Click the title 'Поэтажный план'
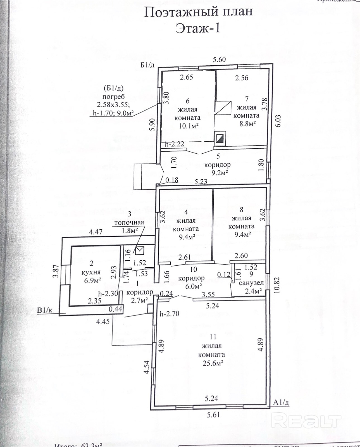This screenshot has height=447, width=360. coord(198,12)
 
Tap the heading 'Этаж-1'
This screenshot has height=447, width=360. coord(198,28)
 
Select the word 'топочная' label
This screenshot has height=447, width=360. coord(129,222)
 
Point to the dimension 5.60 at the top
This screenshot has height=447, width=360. coord(219,59)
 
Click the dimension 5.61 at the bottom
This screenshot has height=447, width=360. coord(213,414)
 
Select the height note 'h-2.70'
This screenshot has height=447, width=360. coord(170,313)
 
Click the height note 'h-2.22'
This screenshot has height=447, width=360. coord(175,144)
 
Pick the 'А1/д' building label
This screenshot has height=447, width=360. coord(281,402)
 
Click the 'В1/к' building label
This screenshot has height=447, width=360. coord(46,310)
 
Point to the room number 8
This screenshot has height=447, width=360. coord(242,209)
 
